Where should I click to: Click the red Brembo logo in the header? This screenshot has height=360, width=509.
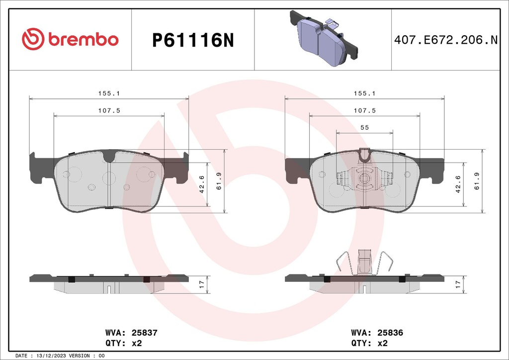coord(70,39)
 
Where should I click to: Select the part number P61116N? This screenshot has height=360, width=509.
coord(192,40)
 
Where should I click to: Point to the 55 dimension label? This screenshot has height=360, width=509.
coord(364,128)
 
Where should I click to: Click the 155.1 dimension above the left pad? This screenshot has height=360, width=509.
coord(109,93)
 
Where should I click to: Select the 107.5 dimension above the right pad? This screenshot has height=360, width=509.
coord(364,110)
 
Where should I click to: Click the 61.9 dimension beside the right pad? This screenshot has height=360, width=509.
coord(477,181)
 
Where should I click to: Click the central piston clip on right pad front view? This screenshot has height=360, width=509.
coord(364,178)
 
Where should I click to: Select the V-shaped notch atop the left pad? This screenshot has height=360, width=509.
coord(109,157)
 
